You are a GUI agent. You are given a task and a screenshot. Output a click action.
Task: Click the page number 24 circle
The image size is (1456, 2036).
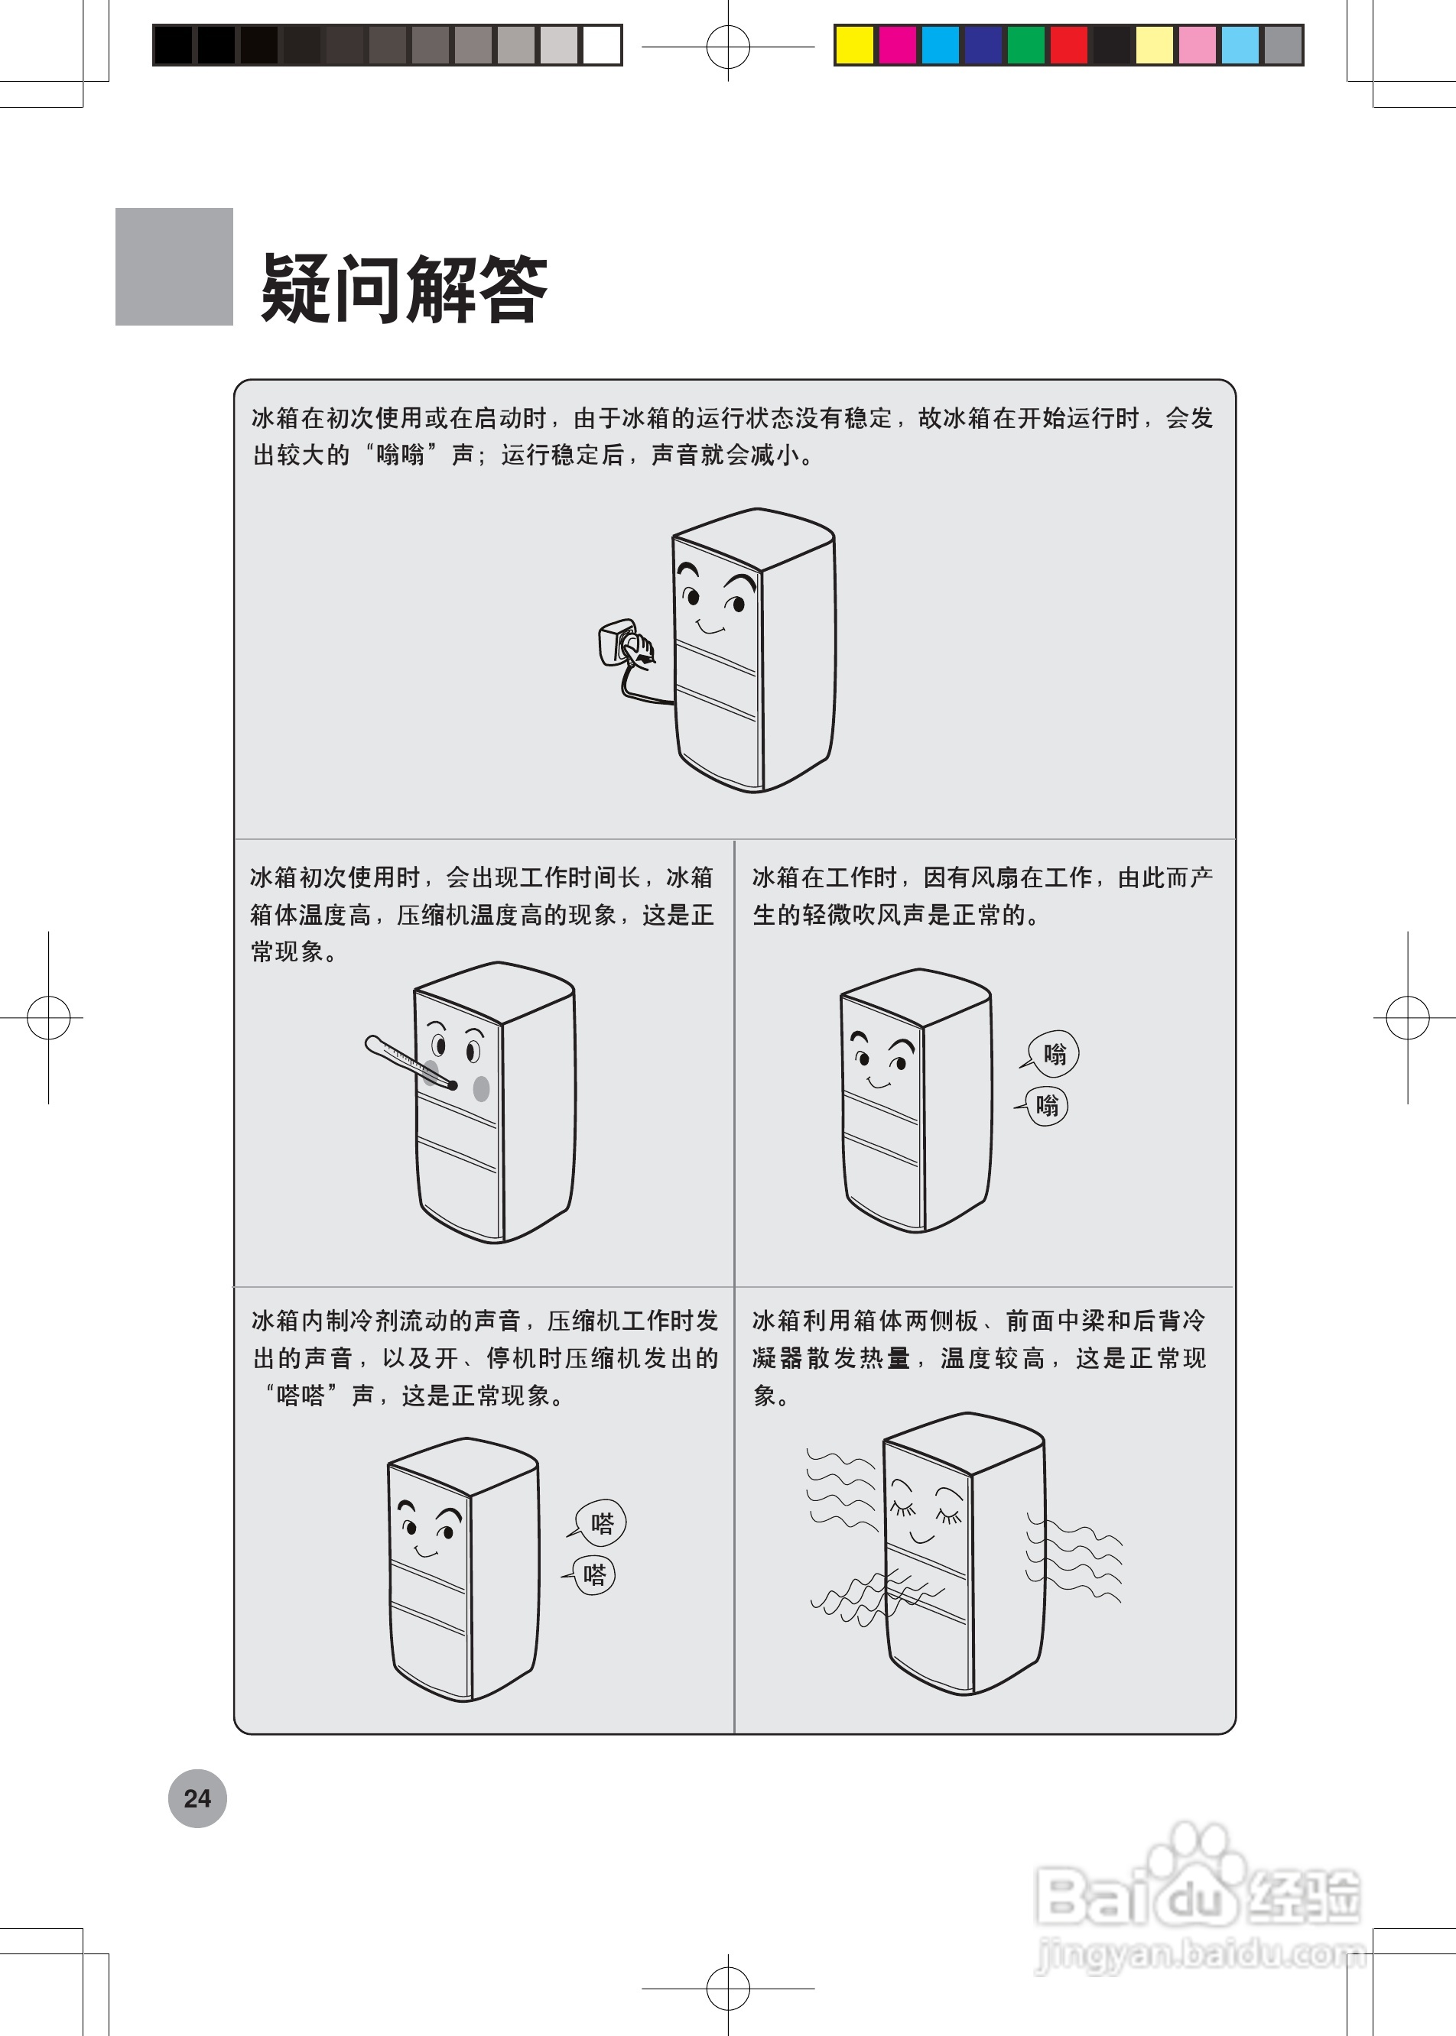coord(197,1798)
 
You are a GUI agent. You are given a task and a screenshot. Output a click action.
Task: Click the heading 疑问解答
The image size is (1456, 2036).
coord(404,289)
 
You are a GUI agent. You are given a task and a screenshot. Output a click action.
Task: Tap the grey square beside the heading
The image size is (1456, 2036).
coord(174,266)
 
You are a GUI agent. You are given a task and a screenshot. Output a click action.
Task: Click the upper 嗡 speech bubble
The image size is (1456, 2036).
coord(1054,1053)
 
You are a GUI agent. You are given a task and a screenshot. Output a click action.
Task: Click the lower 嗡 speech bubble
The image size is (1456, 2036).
coord(1046,1105)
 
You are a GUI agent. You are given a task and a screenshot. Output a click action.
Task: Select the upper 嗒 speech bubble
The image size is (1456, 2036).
coord(601,1522)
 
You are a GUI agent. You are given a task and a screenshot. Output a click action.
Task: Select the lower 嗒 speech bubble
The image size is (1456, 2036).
coord(593,1574)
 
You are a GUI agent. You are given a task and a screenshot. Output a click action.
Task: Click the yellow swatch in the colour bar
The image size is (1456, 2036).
coord(853,45)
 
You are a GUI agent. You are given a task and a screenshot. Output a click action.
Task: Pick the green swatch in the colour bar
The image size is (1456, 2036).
coord(1025,45)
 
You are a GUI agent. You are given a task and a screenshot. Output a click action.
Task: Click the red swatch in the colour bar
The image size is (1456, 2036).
coord(1069,45)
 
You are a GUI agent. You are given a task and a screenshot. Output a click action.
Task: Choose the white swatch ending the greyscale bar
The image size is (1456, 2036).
coord(602,45)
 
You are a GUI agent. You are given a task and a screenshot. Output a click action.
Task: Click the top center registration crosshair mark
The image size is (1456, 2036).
coord(728,46)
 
